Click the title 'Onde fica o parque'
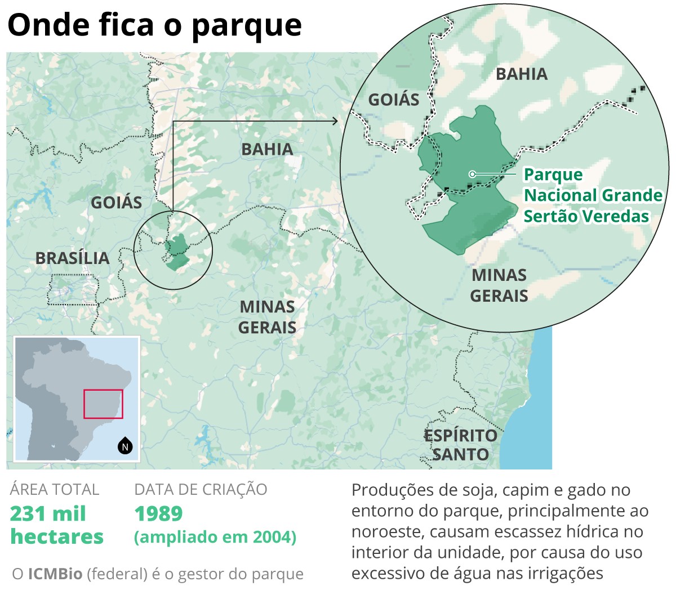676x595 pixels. (x=155, y=25)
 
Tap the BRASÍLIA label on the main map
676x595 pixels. (x=72, y=258)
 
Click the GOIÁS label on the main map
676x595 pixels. (x=117, y=203)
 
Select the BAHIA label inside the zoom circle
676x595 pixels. (x=522, y=74)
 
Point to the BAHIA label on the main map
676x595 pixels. (x=267, y=150)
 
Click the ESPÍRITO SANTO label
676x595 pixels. (x=460, y=445)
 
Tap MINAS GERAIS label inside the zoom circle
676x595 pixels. (x=499, y=285)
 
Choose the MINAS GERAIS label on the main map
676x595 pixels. (x=267, y=317)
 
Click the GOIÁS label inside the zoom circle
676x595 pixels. (x=394, y=100)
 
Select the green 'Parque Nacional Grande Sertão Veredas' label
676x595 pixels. (x=593, y=195)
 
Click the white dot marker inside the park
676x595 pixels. (x=473, y=175)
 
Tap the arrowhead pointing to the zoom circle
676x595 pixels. (x=335, y=121)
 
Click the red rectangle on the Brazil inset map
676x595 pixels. (x=103, y=404)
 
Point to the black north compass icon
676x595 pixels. (x=125, y=446)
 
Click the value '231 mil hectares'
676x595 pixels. (x=56, y=525)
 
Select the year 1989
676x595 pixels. (x=158, y=514)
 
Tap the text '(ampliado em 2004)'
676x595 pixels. (x=215, y=537)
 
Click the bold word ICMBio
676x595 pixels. (x=55, y=574)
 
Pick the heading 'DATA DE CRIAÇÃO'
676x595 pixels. (x=201, y=490)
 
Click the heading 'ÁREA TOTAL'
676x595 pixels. (x=55, y=490)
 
